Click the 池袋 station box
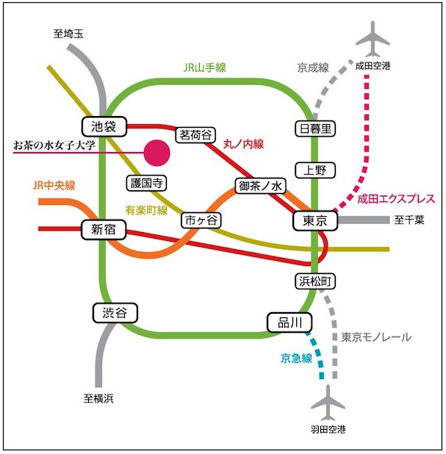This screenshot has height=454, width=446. pyautogui.click(x=104, y=126)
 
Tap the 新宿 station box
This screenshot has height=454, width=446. pyautogui.click(x=104, y=230)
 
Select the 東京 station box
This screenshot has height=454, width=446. pyautogui.click(x=315, y=221)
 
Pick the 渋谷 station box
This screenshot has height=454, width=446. pyautogui.click(x=115, y=313)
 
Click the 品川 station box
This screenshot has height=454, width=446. pyautogui.click(x=289, y=323)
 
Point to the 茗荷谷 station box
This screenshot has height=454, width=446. pyautogui.click(x=195, y=135)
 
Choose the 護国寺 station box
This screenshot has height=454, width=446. pyautogui.click(x=146, y=183)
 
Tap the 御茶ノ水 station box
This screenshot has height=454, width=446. pyautogui.click(x=261, y=186)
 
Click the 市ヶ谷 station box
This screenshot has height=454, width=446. pyautogui.click(x=201, y=220)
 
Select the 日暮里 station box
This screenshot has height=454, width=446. pyautogui.click(x=315, y=129)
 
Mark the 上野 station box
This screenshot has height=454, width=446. pyautogui.click(x=315, y=170)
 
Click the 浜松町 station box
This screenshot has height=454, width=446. pyautogui.click(x=315, y=281)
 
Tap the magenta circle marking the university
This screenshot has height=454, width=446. pyautogui.click(x=157, y=153)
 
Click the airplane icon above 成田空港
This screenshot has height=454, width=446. pyautogui.click(x=373, y=39)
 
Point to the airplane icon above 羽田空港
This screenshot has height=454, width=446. pyautogui.click(x=328, y=403)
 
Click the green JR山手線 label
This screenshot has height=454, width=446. pyautogui.click(x=205, y=68)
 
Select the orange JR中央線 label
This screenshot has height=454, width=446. pyautogui.click(x=54, y=185)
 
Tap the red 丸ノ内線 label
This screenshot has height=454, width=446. pyautogui.click(x=243, y=144)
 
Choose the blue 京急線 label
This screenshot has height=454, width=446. pyautogui.click(x=296, y=358)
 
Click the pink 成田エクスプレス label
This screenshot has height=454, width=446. pyautogui.click(x=396, y=199)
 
